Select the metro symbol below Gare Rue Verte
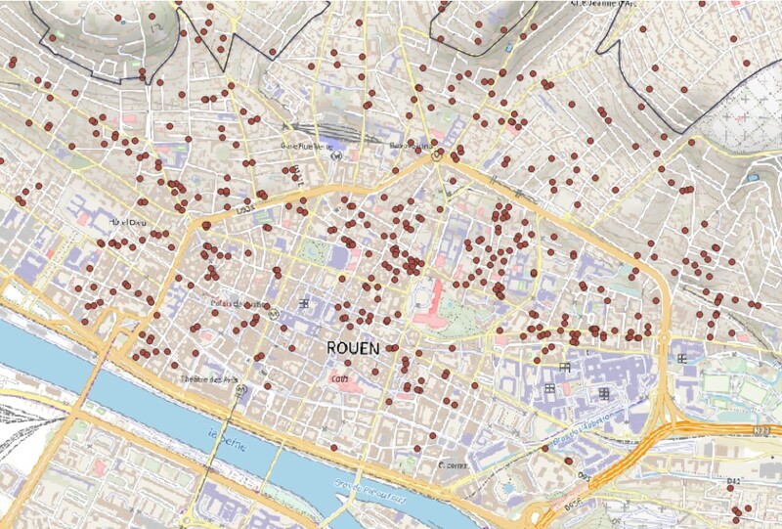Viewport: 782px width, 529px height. tap(335, 154)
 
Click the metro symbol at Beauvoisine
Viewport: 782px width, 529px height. tap(440, 153)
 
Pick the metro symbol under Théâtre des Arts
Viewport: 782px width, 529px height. tap(240, 390)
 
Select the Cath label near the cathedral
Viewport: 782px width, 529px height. tap(339, 376)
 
